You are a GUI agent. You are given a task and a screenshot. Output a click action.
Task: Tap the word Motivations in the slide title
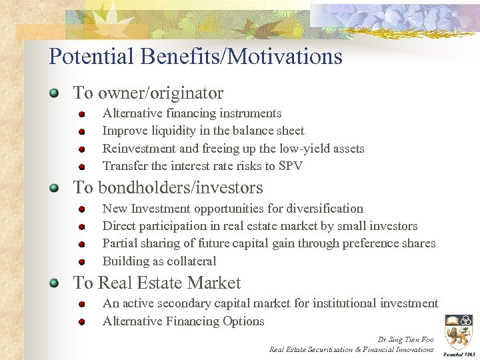(285, 56)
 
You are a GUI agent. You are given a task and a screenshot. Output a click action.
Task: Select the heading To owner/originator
(148, 93)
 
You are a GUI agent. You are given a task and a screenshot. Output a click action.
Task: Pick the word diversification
(323, 209)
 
